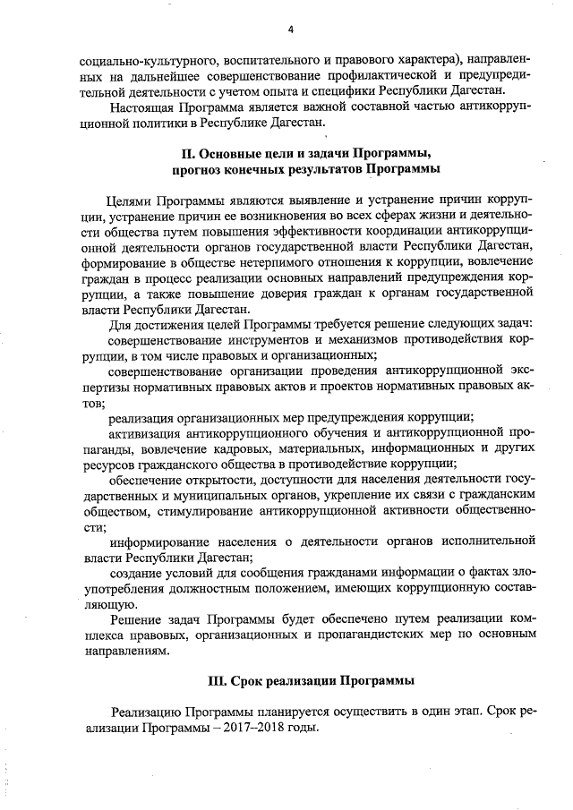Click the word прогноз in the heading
click(204, 168)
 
